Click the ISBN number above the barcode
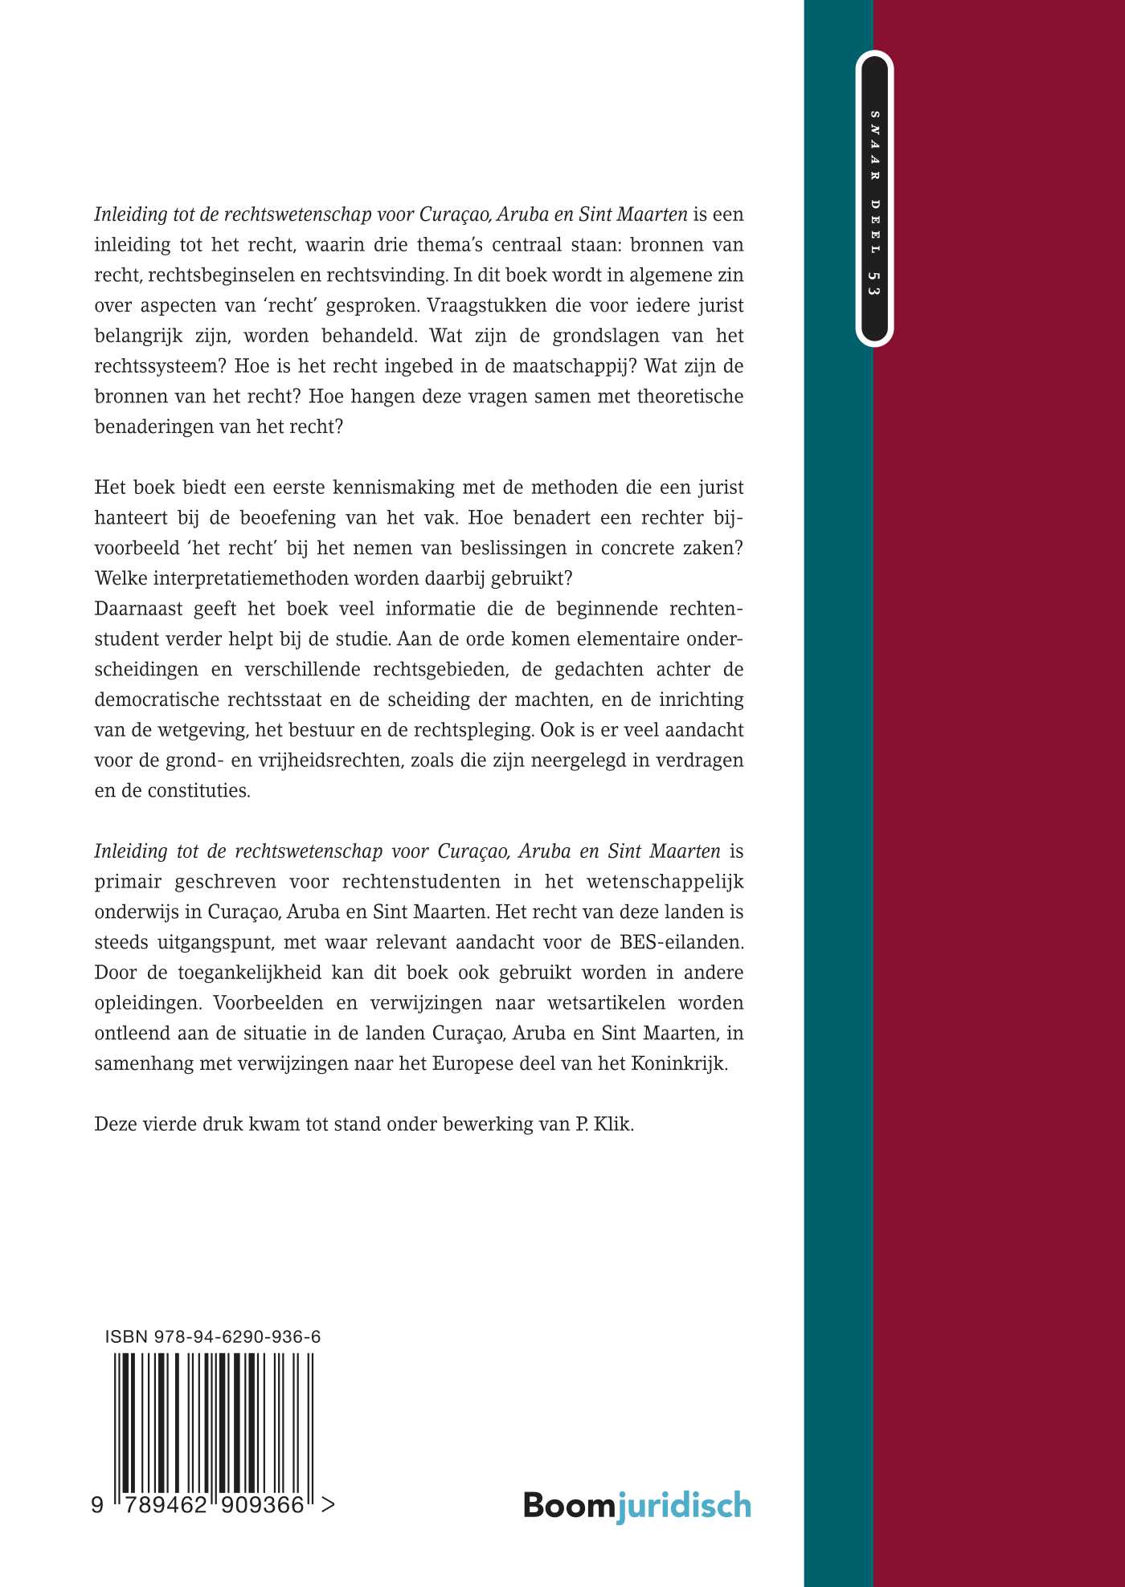point(213,1336)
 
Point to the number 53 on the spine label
point(874,283)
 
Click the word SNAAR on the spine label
point(874,145)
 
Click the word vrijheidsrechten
point(329,760)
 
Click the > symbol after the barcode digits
point(327,1505)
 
